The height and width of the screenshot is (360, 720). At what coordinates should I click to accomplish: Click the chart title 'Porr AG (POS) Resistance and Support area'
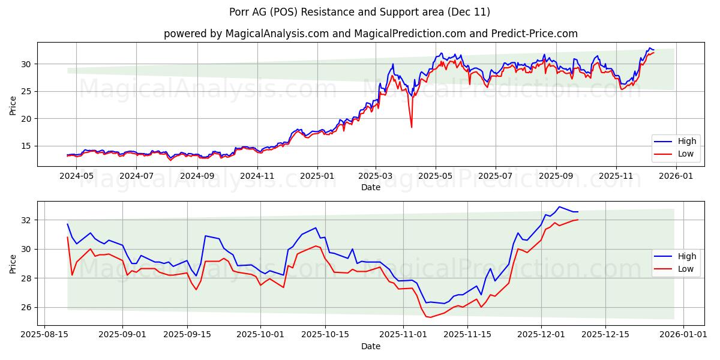coord(359,12)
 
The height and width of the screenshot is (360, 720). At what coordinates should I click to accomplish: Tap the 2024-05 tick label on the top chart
coord(76,176)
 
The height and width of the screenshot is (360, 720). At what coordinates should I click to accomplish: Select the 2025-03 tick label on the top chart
coord(376,176)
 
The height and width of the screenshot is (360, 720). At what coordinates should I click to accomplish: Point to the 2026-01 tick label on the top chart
coord(676,176)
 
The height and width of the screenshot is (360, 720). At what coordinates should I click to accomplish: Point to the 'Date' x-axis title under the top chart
coord(370,187)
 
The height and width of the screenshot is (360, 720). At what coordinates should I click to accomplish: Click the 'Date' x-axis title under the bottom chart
coord(370,346)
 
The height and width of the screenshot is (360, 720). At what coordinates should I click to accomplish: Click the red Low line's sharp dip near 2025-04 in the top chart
coord(412,127)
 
